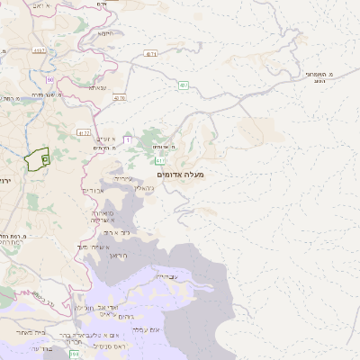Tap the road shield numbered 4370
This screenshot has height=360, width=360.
coord(120,97)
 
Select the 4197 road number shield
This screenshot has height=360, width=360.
coord(39,51)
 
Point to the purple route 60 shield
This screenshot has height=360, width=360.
coord(50,80)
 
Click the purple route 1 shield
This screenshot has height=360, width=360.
coord(128,139)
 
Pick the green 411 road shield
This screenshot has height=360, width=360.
coord(158,160)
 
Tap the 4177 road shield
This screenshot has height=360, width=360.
coord(84,132)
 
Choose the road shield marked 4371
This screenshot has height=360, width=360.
coord(151,54)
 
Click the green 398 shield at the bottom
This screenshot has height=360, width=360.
coord(74,355)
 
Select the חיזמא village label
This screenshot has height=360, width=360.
coord(105,33)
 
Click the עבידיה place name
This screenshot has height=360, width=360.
coord(167,276)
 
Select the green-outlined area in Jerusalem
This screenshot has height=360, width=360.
coord(38,160)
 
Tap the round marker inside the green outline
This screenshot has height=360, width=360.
coord(45,157)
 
